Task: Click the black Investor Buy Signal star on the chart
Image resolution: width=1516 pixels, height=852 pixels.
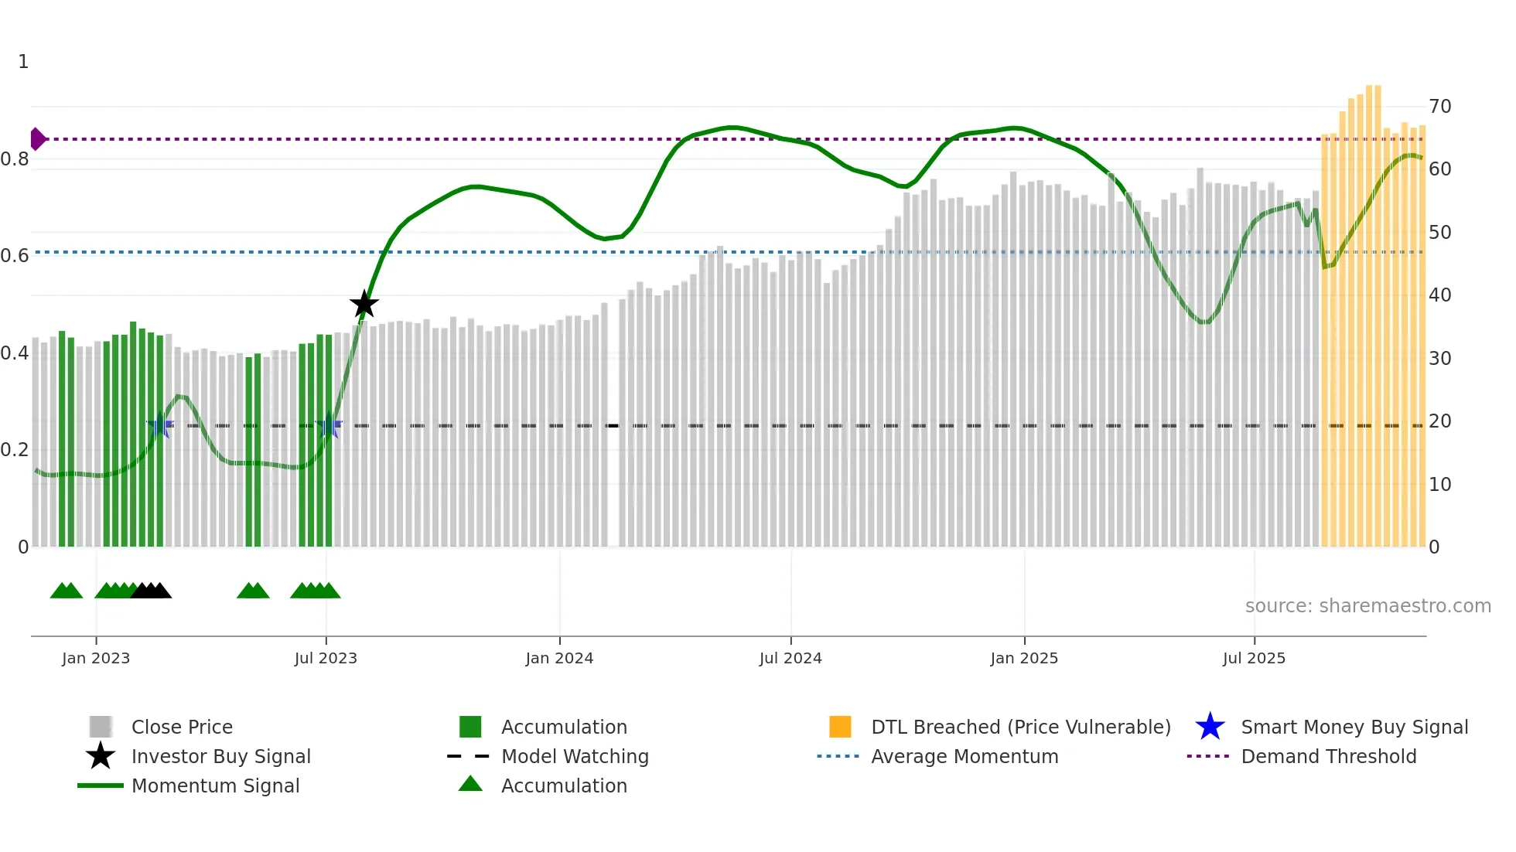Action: (x=364, y=305)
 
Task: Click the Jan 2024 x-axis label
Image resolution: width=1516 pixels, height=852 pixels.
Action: (x=559, y=658)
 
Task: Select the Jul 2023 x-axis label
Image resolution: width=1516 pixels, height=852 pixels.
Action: (x=326, y=658)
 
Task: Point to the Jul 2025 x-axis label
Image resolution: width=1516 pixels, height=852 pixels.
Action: (x=1254, y=658)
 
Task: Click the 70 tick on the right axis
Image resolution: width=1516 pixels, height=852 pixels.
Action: (x=1439, y=107)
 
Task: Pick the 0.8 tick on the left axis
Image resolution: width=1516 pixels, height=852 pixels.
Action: (x=15, y=159)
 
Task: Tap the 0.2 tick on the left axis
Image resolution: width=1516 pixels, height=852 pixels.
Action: (x=15, y=450)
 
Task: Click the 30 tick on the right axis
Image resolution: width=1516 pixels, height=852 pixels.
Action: (x=1439, y=358)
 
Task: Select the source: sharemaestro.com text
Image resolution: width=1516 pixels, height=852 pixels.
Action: (x=1367, y=606)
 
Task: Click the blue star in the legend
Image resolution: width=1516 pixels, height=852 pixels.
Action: (x=1210, y=727)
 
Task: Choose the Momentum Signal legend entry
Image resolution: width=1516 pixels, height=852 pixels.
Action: (x=215, y=786)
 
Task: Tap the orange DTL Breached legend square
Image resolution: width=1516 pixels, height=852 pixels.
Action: (x=840, y=727)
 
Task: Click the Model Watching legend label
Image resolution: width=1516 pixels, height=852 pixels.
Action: (x=575, y=756)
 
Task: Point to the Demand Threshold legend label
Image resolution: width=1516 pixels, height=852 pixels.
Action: (x=1328, y=756)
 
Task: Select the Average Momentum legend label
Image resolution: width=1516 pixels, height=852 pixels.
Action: (x=965, y=756)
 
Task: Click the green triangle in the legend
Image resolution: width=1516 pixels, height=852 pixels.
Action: (x=470, y=785)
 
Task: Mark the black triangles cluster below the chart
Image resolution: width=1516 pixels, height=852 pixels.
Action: (x=152, y=591)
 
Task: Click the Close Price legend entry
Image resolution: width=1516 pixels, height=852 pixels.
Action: (x=182, y=727)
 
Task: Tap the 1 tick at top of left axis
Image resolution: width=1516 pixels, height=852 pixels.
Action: (x=23, y=62)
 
